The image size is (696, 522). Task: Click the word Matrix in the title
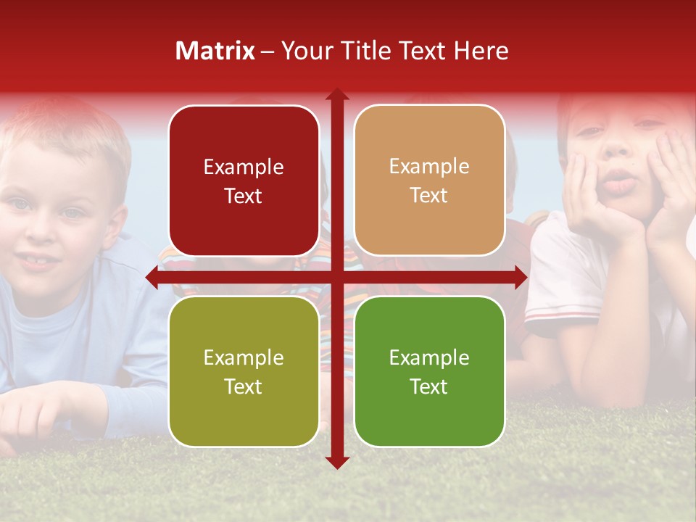pos(215,51)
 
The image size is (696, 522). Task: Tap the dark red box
pos(244,181)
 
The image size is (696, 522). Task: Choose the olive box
pos(244,371)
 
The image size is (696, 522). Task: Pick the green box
pos(429,371)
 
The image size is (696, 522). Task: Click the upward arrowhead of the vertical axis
pos(337,94)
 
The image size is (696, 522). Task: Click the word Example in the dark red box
pos(244,167)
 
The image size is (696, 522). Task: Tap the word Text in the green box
pos(429,386)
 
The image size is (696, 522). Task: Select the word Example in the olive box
pos(244,358)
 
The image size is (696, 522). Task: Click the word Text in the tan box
pos(429,196)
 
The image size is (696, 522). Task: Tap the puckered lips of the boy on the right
pos(618,181)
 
